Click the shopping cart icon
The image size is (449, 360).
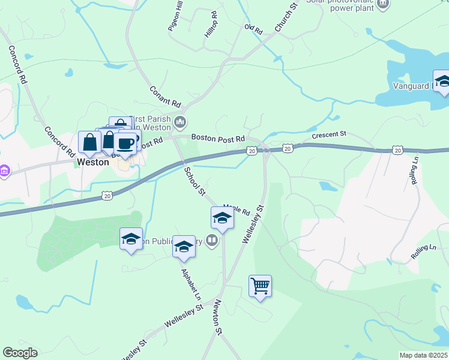(x=261, y=286)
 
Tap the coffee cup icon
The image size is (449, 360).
(x=125, y=142)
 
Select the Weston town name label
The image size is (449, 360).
(x=93, y=162)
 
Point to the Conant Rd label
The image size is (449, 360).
(x=165, y=95)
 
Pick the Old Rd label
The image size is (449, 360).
(x=253, y=29)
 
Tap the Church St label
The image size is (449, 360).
(x=286, y=17)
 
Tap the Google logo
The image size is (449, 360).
(x=20, y=353)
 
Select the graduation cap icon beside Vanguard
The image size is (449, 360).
(x=443, y=81)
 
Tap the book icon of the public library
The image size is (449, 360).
(x=211, y=241)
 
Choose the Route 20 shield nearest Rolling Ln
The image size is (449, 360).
(x=397, y=149)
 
